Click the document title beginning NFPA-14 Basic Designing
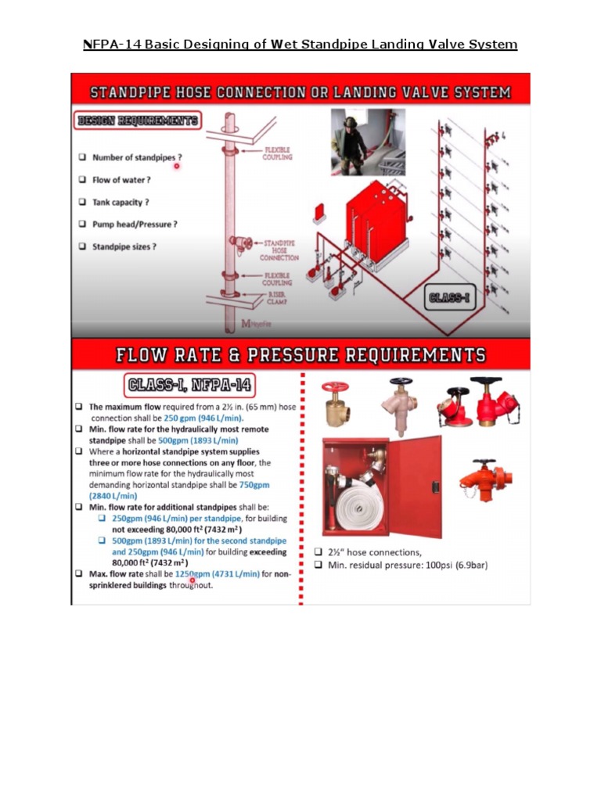coord(300,44)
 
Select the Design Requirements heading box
coord(138,121)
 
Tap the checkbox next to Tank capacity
coord(81,202)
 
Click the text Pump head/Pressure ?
coord(135,224)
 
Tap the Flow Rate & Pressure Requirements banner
coord(300,355)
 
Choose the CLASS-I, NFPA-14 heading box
coord(188,386)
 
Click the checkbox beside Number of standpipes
coord(81,157)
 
